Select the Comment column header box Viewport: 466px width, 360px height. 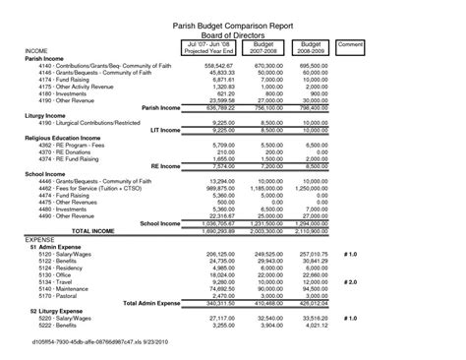click(x=350, y=45)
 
